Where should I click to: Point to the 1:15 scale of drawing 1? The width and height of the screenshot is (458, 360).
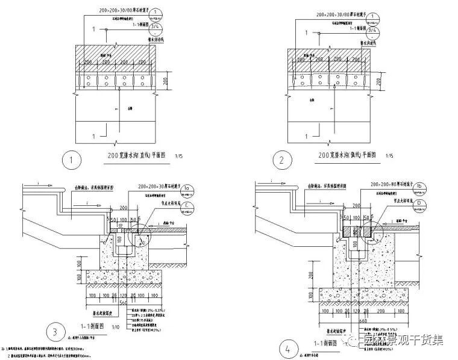pyautogui.click(x=179, y=157)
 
